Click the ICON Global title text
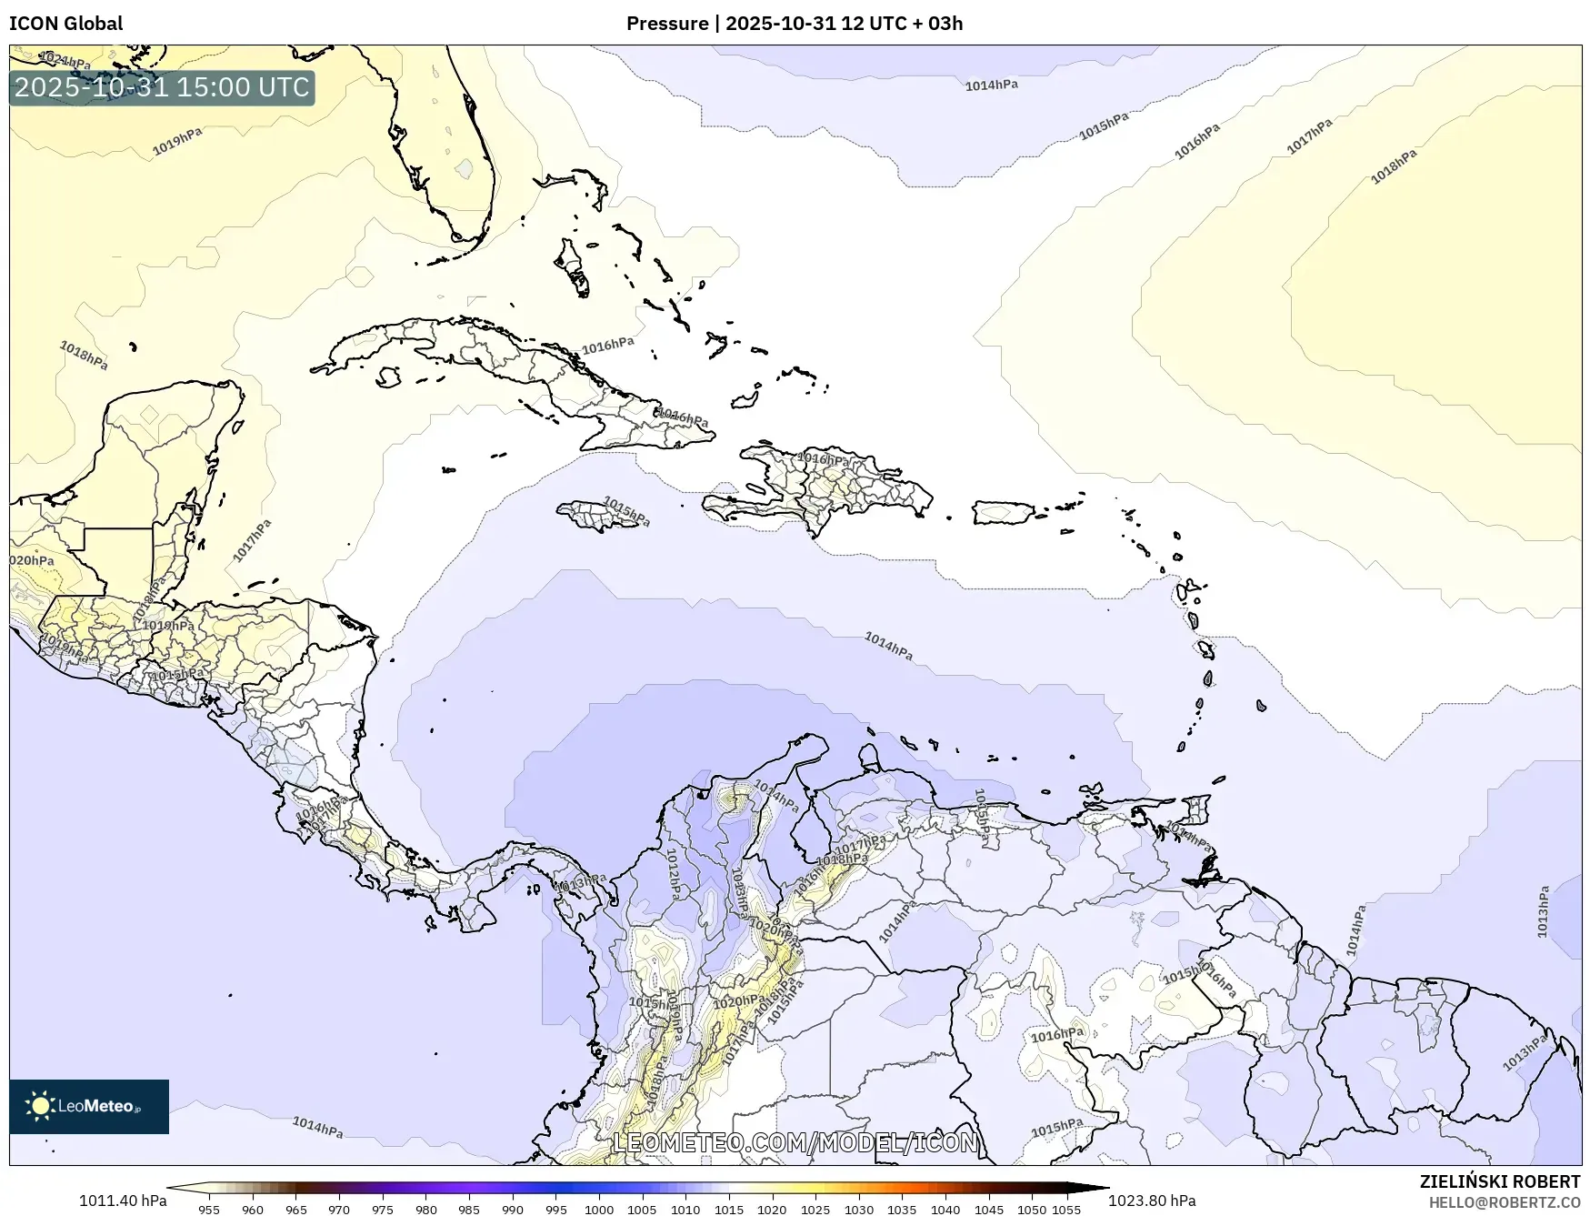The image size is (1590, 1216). [65, 24]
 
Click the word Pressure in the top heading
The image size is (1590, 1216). [666, 24]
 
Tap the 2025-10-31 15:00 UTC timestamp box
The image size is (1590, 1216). [162, 87]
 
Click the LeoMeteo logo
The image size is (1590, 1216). [89, 1106]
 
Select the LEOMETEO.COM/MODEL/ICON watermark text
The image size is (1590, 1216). [795, 1142]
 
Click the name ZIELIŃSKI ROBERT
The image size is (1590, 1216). [1500, 1181]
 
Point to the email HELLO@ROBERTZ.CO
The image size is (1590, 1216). [1505, 1202]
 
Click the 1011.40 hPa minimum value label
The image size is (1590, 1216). [123, 1201]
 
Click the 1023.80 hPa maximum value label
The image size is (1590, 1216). [1152, 1201]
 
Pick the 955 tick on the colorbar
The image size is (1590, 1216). [209, 1210]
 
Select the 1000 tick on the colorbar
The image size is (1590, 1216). [599, 1210]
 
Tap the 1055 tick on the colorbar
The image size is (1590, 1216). [1066, 1210]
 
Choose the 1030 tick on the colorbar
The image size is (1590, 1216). [859, 1210]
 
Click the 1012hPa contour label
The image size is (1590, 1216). [674, 874]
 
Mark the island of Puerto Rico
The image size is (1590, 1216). [1004, 512]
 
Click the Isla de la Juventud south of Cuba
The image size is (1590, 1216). [389, 376]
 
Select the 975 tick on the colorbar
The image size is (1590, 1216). [383, 1210]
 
